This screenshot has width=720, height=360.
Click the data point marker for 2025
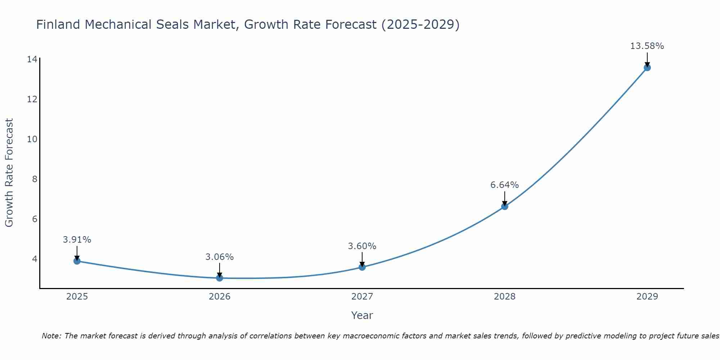pyautogui.click(x=77, y=261)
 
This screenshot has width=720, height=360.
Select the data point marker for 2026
pyautogui.click(x=220, y=278)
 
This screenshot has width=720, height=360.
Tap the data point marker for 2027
pyautogui.click(x=362, y=267)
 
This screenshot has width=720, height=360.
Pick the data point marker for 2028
pyautogui.click(x=505, y=206)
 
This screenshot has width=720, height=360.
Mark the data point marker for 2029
pyautogui.click(x=647, y=68)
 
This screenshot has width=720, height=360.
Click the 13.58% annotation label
pyautogui.click(x=647, y=46)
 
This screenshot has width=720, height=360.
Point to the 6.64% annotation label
pyautogui.click(x=504, y=185)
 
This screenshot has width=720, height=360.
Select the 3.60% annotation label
pyautogui.click(x=362, y=246)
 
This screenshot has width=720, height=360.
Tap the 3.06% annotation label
pyautogui.click(x=219, y=257)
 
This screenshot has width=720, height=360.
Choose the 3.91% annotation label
pyautogui.click(x=77, y=240)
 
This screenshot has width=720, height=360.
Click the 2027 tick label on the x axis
pyautogui.click(x=362, y=297)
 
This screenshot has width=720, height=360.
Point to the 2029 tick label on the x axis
pyautogui.click(x=647, y=297)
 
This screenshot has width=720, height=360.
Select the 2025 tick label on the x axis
pyautogui.click(x=77, y=297)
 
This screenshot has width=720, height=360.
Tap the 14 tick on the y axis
pyautogui.click(x=32, y=59)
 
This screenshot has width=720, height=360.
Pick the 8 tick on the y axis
pyautogui.click(x=35, y=179)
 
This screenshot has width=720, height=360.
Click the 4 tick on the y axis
pyautogui.click(x=35, y=259)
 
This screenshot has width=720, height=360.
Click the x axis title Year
pyautogui.click(x=362, y=315)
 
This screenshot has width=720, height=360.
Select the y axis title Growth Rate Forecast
pyautogui.click(x=9, y=173)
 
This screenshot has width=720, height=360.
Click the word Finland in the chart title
pyautogui.click(x=58, y=24)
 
